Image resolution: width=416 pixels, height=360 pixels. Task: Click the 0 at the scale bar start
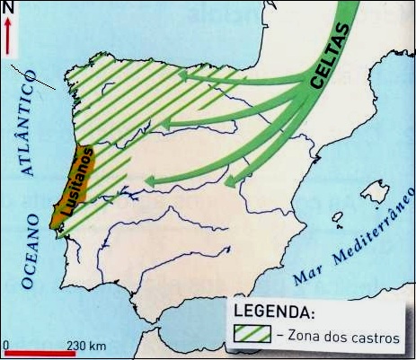pyautogui.click(x=4, y=345)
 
